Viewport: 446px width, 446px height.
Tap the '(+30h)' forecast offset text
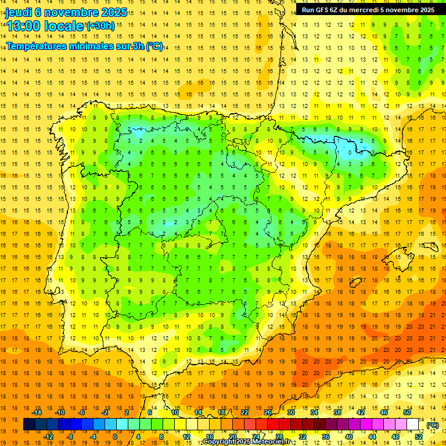pos(100,26)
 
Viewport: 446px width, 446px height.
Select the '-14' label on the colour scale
pos(37,412)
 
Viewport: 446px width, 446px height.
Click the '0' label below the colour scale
pos(115,437)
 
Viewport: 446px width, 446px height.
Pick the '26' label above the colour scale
pos(268,412)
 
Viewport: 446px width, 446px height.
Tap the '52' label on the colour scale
pos(419,437)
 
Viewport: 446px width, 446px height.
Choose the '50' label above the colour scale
pos(407,412)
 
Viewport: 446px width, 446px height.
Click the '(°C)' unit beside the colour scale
pos(432,425)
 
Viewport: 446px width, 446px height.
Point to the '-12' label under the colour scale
pos(48,437)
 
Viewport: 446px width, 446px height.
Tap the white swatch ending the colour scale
pos(412,425)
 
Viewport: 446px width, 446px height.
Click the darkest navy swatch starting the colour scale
pos(29,425)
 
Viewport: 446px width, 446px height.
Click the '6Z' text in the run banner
pos(339,10)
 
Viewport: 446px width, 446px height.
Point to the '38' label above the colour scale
pos(337,412)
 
